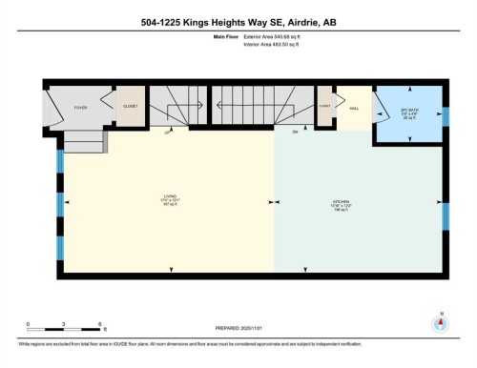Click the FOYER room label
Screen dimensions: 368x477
coord(80,108)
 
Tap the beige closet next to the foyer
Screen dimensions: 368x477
coord(129,107)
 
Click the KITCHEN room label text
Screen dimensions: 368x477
coord(342,203)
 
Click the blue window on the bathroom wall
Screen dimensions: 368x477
coord(445,115)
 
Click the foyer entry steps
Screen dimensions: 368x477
coord(84,141)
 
